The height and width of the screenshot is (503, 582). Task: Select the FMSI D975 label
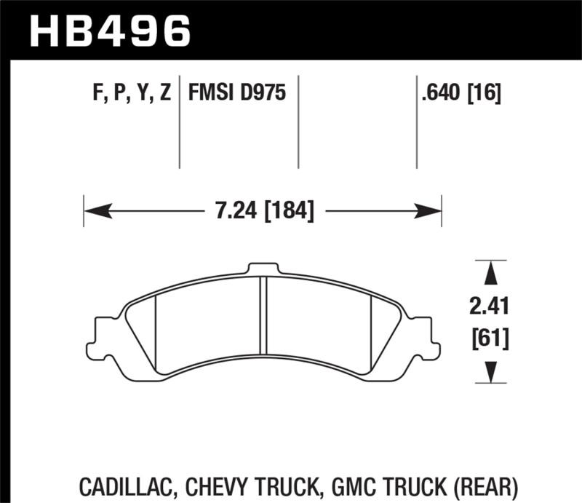(237, 93)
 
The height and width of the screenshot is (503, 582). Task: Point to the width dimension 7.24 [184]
(264, 211)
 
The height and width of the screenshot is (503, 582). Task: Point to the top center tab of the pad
(264, 268)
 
